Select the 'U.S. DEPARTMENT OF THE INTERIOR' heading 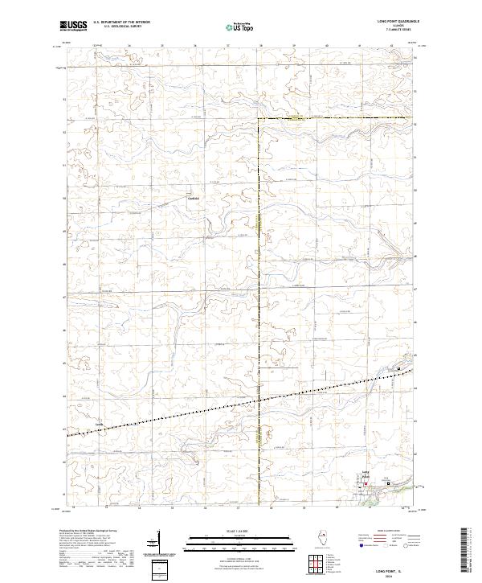pyautogui.click(x=121, y=23)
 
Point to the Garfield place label pyautogui.click(x=192, y=198)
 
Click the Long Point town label pyautogui.click(x=366, y=476)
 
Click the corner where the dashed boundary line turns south pyautogui.click(x=259, y=120)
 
